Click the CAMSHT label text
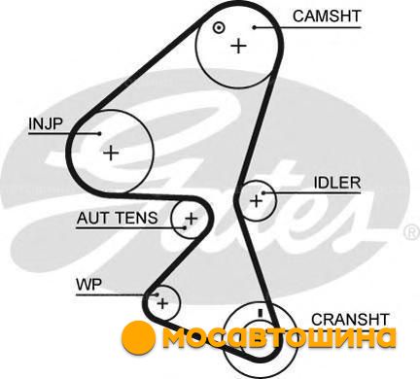click(327, 17)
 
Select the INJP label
click(45, 123)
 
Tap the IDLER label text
click(337, 183)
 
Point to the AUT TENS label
click(117, 218)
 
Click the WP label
click(88, 285)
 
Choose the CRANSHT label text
click(350, 320)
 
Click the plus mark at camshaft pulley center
click(239, 46)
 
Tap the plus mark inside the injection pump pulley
click(111, 153)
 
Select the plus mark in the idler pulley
click(257, 201)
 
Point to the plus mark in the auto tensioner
click(192, 219)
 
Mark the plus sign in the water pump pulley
click(162, 303)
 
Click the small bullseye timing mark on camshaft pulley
click(219, 28)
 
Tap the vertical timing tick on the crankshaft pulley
click(260, 313)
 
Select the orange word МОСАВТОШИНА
click(279, 338)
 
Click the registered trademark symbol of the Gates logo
click(412, 232)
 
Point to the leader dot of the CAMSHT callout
click(255, 27)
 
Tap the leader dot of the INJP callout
click(100, 133)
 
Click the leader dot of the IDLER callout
click(263, 193)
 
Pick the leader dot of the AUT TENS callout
click(185, 227)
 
